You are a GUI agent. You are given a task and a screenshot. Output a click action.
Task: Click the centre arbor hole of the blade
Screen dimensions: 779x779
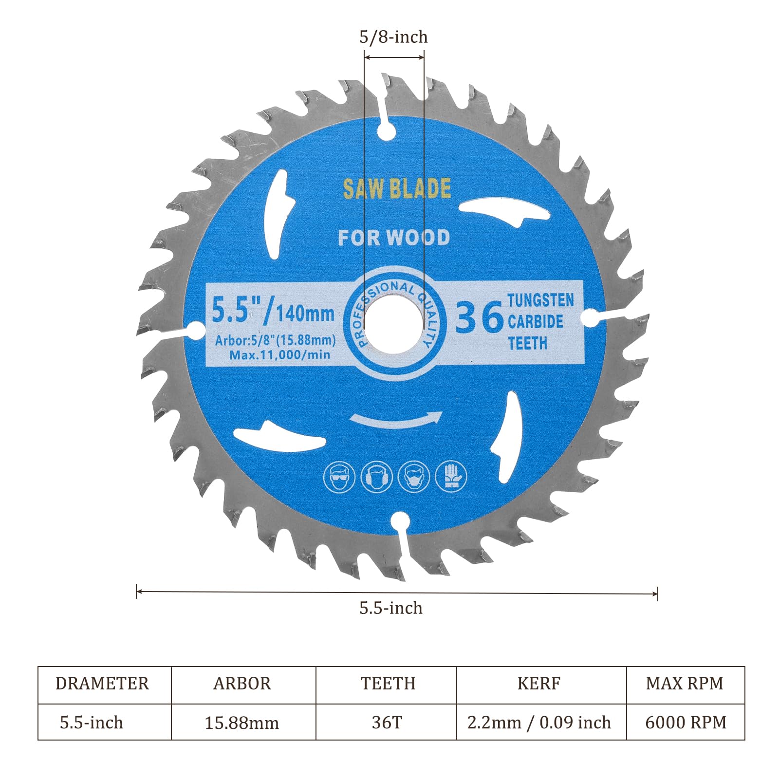[394, 323]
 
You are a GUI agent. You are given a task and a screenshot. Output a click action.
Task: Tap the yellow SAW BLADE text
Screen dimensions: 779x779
[397, 189]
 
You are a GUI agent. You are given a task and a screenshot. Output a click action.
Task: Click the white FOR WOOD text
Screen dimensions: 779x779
[394, 238]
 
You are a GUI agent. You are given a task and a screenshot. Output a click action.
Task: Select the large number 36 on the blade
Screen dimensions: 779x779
[479, 317]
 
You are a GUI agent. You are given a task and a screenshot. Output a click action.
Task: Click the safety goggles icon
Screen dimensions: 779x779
[339, 477]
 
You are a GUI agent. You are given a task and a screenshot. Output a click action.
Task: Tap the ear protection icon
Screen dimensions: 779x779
[377, 476]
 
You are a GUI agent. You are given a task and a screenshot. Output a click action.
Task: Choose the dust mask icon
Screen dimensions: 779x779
[414, 476]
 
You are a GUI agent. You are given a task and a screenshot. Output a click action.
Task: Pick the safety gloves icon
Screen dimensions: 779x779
[451, 476]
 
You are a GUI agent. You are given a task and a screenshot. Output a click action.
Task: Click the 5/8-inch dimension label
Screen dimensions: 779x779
[393, 37]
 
